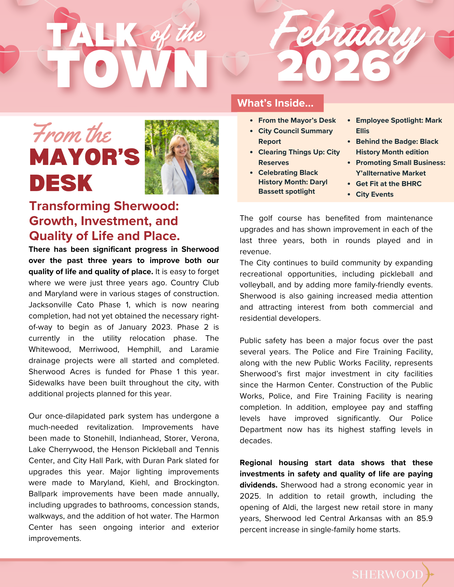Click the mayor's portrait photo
coord(182,157)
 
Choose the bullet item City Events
coord(374,194)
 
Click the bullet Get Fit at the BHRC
coord(388,184)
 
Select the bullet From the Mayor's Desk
coord(297,120)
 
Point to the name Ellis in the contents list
coord(362,131)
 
